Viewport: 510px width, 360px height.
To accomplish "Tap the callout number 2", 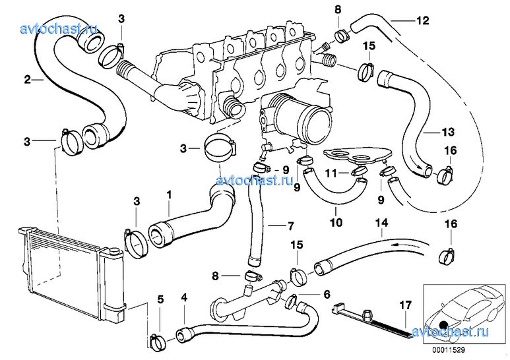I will point(28,80).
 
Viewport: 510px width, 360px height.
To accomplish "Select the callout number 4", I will point(184,298).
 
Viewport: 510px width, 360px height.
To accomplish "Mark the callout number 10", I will point(336,223).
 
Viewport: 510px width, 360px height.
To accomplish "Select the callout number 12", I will point(422,20).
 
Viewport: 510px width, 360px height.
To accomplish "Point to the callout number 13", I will point(431,131).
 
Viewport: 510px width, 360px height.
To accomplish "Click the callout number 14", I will point(381,223).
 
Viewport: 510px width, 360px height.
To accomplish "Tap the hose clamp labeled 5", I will point(157,341).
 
